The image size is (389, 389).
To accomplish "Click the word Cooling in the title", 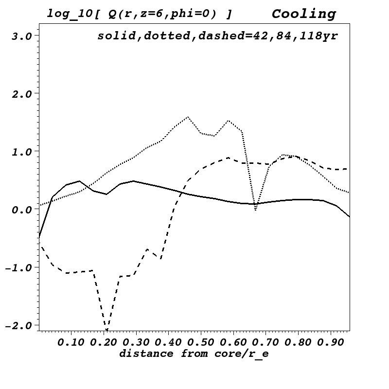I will click(x=303, y=14).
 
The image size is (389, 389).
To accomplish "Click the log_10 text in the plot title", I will click(x=67, y=14).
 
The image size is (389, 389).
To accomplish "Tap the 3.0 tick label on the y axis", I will click(x=22, y=36).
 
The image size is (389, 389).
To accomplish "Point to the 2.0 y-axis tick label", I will click(x=22, y=94).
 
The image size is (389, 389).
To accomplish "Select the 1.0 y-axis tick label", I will click(x=22, y=152).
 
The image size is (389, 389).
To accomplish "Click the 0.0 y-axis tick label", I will click(x=22, y=210).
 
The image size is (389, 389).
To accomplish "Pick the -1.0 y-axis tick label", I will click(x=18, y=267).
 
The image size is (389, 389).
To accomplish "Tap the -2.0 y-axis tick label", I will click(x=18, y=325).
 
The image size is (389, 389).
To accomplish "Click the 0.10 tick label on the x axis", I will click(x=71, y=342).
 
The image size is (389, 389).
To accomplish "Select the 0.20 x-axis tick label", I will click(x=104, y=342).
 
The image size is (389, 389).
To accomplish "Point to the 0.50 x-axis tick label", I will click(x=201, y=342).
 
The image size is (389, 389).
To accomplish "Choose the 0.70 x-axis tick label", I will click(x=266, y=342).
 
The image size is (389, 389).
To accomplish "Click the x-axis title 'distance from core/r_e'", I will click(x=194, y=354).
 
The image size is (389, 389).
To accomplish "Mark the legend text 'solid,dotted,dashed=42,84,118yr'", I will click(x=217, y=36).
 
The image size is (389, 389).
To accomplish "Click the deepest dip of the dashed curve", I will click(x=106, y=330).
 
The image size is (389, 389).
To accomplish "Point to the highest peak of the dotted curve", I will click(x=188, y=117).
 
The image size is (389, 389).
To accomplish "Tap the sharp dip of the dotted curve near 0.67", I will click(x=255, y=210).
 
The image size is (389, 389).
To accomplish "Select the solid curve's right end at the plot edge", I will click(x=349, y=216).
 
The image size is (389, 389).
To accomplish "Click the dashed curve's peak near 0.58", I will click(x=228, y=158).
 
